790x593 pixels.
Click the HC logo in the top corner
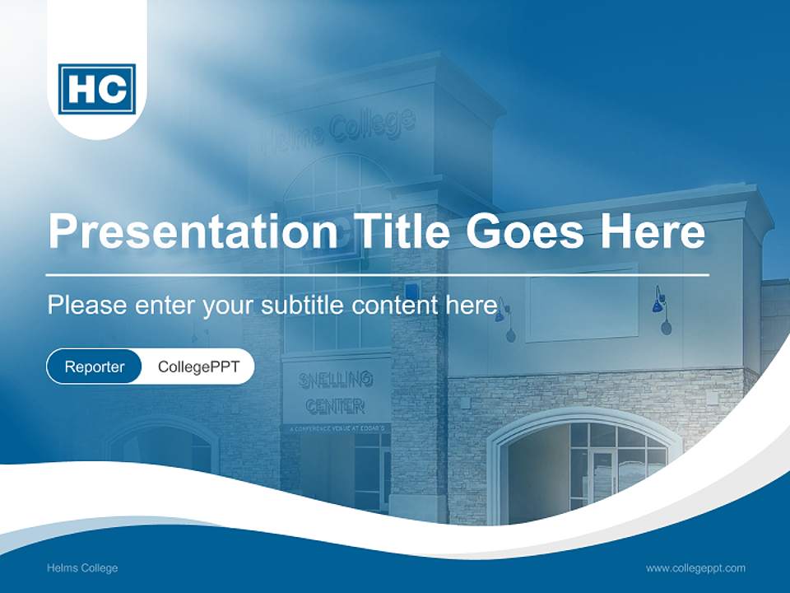pos(97,88)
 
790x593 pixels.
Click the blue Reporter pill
pos(94,367)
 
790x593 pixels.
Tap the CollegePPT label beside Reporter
pos(198,367)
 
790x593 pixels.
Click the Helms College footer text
pos(82,567)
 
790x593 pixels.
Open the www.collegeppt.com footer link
pos(695,567)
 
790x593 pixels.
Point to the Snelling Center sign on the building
pos(337,391)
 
